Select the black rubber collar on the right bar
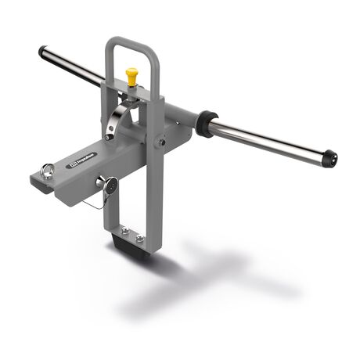point(207,124)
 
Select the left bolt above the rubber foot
point(124,229)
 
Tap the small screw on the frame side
point(160,142)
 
